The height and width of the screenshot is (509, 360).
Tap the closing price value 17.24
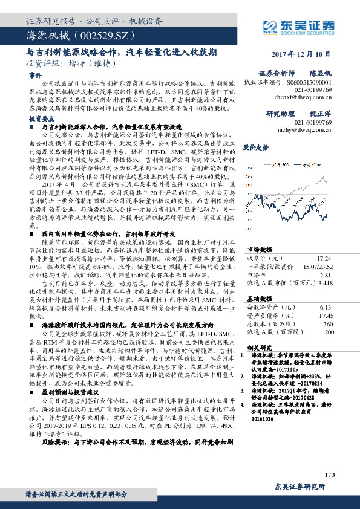coord(325,258)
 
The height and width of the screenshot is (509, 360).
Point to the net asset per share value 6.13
coord(326,307)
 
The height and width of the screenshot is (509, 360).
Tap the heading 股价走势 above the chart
coord(255,147)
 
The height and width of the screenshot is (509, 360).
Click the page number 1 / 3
coord(329,476)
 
